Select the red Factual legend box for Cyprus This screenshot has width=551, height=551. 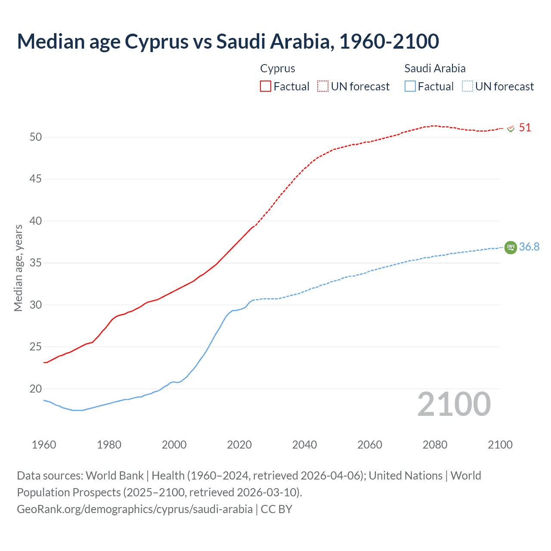click(x=266, y=87)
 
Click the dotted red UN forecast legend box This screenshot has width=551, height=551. click(x=323, y=87)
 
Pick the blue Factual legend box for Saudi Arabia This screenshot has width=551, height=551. click(x=410, y=87)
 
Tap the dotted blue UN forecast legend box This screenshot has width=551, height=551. click(x=467, y=87)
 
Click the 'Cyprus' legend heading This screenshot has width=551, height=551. click(x=278, y=68)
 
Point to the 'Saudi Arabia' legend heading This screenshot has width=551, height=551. click(x=435, y=68)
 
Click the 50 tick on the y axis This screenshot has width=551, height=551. click(x=36, y=137)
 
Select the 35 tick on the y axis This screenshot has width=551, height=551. click(x=36, y=263)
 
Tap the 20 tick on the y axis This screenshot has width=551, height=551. click(x=36, y=389)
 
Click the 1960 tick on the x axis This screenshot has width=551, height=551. click(x=44, y=445)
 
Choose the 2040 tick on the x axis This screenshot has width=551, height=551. click(x=304, y=445)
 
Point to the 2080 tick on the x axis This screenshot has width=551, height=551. click(x=435, y=445)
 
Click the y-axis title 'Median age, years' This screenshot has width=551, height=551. click(x=18, y=268)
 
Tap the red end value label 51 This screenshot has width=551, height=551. click(x=525, y=128)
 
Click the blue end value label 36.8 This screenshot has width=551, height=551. click(x=529, y=247)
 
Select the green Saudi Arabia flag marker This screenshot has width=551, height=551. click(x=511, y=248)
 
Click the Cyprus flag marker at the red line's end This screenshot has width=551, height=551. click(x=511, y=128)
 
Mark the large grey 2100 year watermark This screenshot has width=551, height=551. click(x=454, y=404)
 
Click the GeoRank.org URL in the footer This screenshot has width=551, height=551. click(x=135, y=509)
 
